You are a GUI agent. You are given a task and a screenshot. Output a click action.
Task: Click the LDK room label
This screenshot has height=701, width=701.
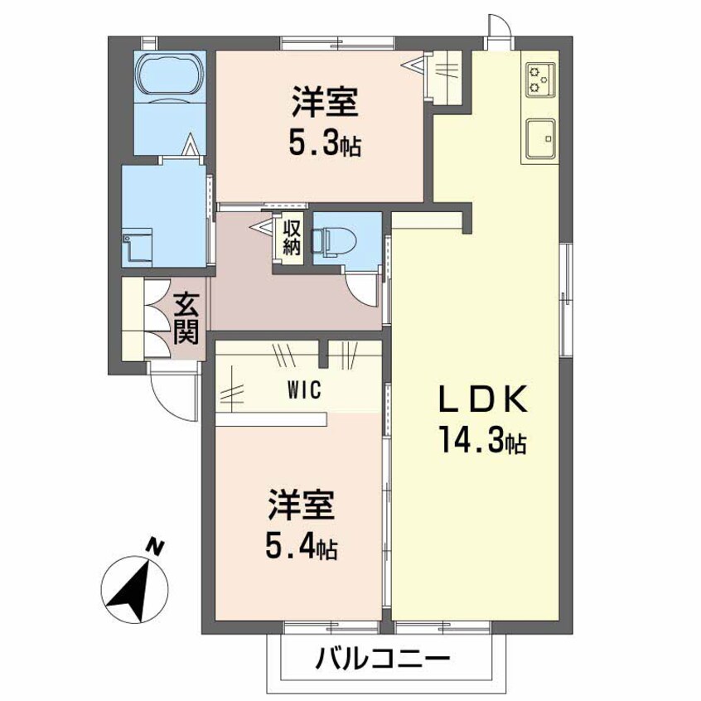[482, 401]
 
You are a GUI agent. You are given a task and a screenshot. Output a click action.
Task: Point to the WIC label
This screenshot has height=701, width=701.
[300, 389]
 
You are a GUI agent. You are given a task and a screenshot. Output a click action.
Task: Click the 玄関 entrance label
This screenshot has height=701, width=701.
[186, 320]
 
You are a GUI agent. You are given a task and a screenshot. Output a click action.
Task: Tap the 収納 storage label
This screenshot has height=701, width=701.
[291, 236]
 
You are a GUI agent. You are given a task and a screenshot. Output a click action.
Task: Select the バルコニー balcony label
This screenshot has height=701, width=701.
[383, 660]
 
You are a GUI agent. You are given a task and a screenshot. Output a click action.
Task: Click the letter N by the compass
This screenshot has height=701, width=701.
[153, 545]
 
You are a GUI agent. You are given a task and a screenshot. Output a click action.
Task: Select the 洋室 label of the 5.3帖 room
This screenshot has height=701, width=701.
[324, 105]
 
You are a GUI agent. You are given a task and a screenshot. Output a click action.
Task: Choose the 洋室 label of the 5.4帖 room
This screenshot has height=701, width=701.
[301, 505]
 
